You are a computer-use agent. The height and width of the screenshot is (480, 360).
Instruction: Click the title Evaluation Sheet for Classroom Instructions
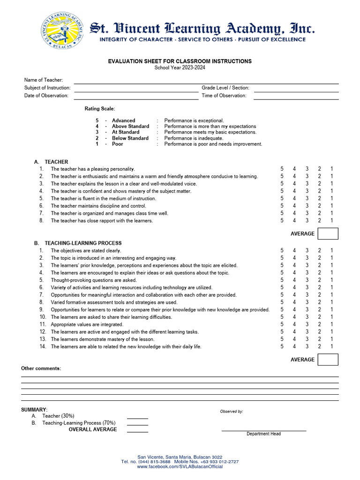pos(180,61)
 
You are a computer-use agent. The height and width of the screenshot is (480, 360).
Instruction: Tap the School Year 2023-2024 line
pos(180,67)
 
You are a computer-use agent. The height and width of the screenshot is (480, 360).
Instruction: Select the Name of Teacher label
pos(44,80)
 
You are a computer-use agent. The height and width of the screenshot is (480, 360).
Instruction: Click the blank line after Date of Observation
pos(136,96)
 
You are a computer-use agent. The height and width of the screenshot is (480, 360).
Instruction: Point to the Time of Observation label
pos(224,96)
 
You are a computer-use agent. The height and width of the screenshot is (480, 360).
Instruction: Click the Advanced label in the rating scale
pos(123,120)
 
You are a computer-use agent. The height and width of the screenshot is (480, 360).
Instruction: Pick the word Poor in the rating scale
pos(118,144)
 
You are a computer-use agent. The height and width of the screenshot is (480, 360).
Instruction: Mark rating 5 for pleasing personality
pos(282,169)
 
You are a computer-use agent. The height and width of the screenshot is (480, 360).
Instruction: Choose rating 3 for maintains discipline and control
pos(307,206)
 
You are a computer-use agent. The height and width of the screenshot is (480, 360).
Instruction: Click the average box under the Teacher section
pos(328,233)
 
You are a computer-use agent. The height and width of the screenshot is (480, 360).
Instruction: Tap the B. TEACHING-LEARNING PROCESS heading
pos(78,243)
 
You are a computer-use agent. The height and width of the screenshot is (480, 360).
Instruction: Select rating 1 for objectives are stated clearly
pos(332,250)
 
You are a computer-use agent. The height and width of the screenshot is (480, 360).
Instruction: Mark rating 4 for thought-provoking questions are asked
pos(295,280)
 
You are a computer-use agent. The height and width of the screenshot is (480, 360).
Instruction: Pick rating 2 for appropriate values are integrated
pos(320,324)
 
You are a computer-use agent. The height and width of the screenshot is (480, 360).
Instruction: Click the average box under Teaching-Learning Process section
pos(328,360)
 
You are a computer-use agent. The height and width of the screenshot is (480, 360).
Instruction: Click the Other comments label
pos(41,368)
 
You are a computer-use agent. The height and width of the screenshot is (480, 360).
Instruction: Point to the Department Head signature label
pos(264,434)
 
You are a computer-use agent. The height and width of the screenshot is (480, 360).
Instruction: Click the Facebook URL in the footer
pos(180,467)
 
